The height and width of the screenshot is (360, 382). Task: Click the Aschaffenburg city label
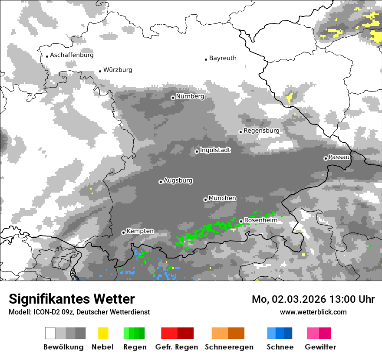click(72, 55)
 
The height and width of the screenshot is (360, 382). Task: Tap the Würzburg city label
click(118, 70)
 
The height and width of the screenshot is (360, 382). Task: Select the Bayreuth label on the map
click(223, 58)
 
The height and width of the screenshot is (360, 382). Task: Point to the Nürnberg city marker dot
click(173, 98)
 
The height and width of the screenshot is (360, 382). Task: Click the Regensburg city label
click(261, 131)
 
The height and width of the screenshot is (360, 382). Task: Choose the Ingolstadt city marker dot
click(197, 151)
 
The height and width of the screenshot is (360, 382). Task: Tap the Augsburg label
click(178, 180)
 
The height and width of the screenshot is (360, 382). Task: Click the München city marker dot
click(205, 200)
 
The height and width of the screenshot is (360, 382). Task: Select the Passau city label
click(339, 157)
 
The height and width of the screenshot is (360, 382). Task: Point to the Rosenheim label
click(260, 220)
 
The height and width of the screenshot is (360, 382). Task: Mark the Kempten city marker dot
click(123, 232)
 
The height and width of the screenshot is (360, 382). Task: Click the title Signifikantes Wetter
click(72, 299)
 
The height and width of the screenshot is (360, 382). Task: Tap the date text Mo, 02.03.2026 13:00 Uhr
click(313, 299)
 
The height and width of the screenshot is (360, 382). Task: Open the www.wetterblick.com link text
click(313, 312)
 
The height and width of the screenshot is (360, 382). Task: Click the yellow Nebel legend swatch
click(103, 333)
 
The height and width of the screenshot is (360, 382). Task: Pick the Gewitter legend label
click(320, 347)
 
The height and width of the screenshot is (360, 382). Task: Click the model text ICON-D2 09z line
click(79, 312)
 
